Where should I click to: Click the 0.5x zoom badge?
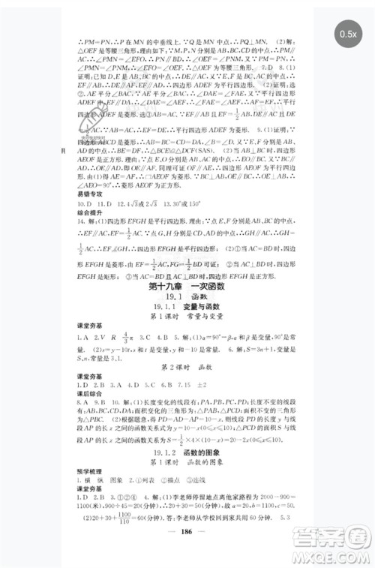347,34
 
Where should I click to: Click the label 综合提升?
80,213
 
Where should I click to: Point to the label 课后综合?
80,397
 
